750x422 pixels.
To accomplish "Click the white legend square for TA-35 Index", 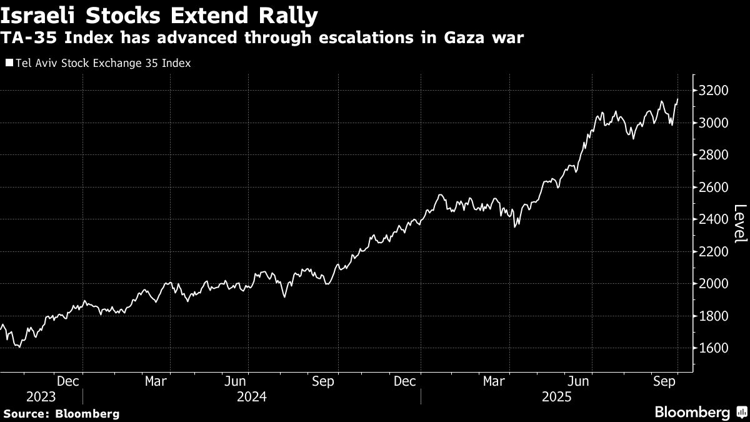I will tap(9, 63).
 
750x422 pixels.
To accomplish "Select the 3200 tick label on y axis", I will tap(715, 91).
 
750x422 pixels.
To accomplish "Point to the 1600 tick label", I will tap(715, 348).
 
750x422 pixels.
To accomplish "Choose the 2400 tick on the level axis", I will tap(715, 219).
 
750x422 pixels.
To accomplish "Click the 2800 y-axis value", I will tap(715, 155).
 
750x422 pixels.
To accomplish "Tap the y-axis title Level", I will tap(739, 223).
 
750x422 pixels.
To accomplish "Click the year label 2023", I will tap(41, 397).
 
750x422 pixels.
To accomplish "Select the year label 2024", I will tap(251, 397).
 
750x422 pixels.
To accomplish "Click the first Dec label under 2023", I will tap(67, 381).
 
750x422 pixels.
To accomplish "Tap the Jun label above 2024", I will tap(236, 381).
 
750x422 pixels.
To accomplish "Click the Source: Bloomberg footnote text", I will tap(61, 413).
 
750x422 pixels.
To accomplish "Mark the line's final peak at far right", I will tap(677, 99).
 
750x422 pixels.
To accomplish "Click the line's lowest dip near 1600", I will tap(20, 346).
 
